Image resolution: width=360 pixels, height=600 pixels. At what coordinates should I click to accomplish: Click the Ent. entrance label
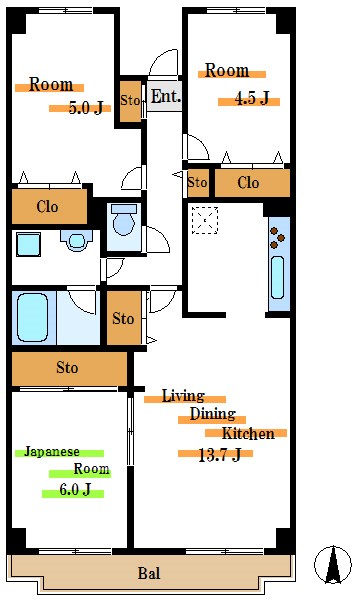point(166,96)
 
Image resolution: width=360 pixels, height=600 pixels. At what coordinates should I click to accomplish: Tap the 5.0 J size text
point(86,108)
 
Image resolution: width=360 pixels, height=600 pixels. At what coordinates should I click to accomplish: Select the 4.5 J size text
point(251,99)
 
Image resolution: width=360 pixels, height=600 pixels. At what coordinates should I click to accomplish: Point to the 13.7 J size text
point(220,455)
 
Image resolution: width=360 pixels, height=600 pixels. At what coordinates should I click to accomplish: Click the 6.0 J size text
point(75,489)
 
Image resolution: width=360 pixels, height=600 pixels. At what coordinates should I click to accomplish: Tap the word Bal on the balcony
point(149,573)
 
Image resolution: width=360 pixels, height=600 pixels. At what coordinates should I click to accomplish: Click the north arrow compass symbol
point(333,564)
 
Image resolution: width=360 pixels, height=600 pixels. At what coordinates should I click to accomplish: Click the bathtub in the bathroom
point(33,317)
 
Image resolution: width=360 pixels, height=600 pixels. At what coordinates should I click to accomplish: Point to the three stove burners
point(277,237)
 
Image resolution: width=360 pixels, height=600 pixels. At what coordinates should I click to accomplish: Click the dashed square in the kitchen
point(205,220)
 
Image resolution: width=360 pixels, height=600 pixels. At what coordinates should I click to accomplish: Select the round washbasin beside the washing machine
point(77,241)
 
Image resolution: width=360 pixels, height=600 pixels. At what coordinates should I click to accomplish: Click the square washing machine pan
point(28,244)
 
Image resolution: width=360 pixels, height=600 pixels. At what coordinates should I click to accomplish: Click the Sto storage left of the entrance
point(130,101)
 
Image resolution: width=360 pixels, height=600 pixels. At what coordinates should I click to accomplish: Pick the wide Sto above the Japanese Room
point(69,368)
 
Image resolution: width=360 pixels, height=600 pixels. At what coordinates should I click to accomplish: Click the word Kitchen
point(248,434)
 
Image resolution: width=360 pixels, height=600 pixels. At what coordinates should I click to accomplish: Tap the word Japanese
point(52,452)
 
